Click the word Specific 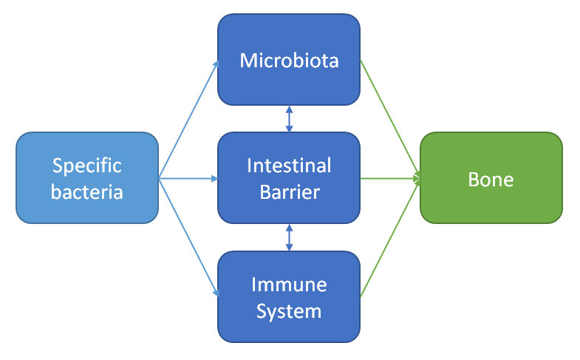click(86, 165)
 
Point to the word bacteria click(86, 193)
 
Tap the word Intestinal click(289, 165)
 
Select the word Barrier click(289, 193)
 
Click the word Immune click(289, 284)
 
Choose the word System click(289, 311)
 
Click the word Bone click(491, 179)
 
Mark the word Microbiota click(289, 61)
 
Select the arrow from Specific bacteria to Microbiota click(188, 120)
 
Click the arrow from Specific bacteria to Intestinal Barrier click(188, 178)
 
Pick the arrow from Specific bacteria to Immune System click(188, 237)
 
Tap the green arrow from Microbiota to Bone click(390, 120)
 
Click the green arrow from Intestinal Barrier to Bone click(390, 178)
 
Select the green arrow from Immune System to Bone click(390, 237)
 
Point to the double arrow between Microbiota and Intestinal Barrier click(289, 118)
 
